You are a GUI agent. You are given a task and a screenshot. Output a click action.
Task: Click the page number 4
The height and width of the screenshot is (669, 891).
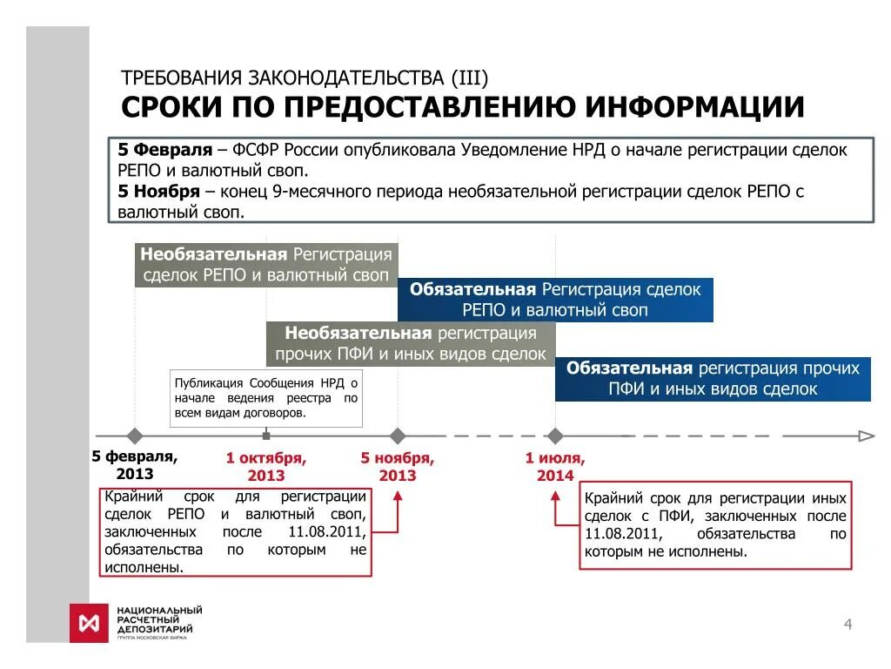tap(847, 623)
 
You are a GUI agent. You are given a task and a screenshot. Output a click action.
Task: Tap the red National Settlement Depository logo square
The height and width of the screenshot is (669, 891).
tap(88, 624)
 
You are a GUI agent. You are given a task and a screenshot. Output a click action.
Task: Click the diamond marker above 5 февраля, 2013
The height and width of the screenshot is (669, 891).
tap(134, 436)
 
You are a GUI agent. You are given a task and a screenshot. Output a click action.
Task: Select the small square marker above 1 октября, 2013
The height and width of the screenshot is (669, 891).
tap(266, 436)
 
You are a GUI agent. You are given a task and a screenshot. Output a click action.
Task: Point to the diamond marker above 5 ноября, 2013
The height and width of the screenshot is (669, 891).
tap(398, 436)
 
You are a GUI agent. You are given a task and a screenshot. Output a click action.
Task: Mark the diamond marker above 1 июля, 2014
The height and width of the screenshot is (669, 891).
tap(554, 436)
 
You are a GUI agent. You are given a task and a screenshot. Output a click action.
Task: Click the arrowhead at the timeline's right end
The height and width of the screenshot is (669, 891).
tap(867, 436)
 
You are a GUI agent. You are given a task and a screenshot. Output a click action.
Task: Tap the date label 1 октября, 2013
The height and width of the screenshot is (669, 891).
tap(266, 466)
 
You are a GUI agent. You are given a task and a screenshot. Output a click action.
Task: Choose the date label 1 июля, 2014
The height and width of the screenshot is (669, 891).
tap(555, 466)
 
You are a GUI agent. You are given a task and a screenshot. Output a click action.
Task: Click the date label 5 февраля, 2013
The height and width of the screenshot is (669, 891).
tap(135, 465)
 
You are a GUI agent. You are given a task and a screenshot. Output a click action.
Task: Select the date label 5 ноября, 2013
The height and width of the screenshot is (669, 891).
tap(398, 466)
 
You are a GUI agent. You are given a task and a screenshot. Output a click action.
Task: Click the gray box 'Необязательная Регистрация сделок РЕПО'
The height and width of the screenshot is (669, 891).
tap(266, 266)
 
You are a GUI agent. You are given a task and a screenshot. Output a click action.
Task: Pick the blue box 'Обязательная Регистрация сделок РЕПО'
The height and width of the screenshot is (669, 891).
tap(555, 300)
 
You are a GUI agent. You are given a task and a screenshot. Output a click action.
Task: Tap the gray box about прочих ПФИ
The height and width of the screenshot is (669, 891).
tap(411, 344)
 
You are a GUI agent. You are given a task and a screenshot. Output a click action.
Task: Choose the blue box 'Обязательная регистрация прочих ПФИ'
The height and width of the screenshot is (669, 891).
tap(713, 379)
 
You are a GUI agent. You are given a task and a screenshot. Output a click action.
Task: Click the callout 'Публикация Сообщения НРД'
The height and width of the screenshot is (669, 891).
tap(265, 398)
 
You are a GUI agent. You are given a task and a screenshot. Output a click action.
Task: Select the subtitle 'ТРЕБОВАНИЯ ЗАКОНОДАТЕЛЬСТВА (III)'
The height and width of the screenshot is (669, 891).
tap(305, 78)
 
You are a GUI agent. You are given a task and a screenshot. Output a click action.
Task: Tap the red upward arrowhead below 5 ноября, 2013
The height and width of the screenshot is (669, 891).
tap(398, 497)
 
